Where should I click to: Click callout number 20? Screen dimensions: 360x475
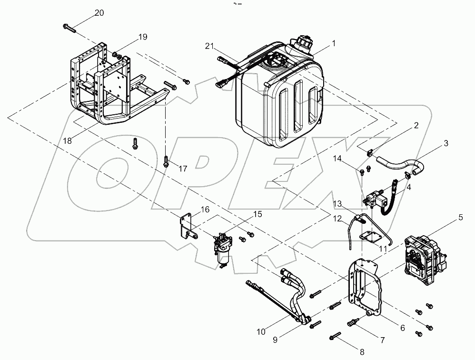99,13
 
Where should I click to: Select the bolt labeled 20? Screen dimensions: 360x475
69,28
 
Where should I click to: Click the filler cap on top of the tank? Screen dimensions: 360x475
303,44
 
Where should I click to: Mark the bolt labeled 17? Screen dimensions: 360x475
166,162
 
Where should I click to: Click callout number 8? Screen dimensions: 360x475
362,352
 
